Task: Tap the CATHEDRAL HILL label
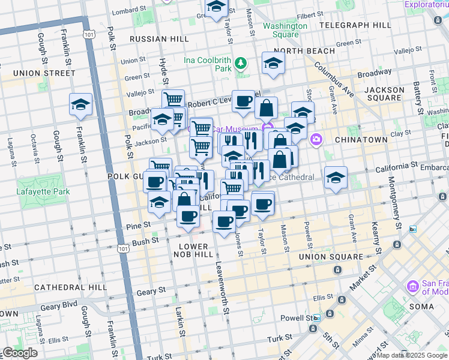click(x=70, y=287)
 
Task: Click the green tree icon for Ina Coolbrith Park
click(x=241, y=62)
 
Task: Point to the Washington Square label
click(x=285, y=30)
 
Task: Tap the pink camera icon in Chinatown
click(x=316, y=139)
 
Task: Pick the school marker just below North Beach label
click(x=273, y=63)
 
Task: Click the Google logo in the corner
click(x=20, y=353)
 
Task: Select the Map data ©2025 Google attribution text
click(x=412, y=355)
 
